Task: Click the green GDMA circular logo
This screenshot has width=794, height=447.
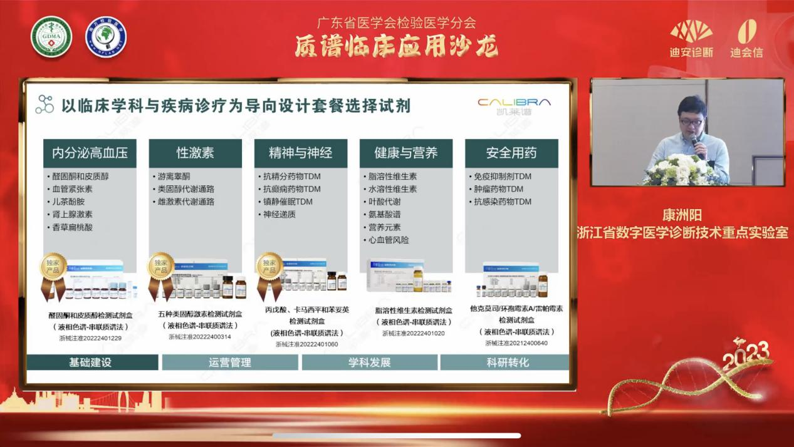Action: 51,36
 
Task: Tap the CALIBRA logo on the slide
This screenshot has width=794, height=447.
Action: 514,105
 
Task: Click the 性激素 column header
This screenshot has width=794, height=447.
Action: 195,153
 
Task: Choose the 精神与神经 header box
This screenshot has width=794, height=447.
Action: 300,153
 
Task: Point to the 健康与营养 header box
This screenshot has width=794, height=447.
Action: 405,153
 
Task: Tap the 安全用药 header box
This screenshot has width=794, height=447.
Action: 511,153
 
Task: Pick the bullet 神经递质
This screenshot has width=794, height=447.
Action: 279,214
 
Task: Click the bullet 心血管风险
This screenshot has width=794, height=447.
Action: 389,240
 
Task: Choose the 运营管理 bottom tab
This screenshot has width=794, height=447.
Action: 230,362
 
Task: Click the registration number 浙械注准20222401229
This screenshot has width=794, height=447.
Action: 90,338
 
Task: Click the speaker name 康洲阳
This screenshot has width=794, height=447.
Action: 682,216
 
